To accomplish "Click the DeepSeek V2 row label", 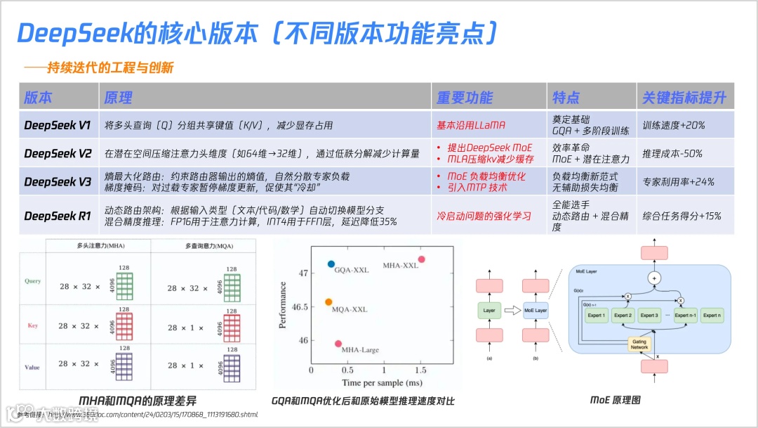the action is [58, 153].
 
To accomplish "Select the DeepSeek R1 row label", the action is [58, 216].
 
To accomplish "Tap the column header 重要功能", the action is [465, 98].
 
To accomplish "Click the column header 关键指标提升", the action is [684, 98].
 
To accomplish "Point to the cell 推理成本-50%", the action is [672, 153].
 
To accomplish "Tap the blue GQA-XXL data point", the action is [331, 264].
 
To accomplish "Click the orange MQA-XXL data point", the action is [328, 302].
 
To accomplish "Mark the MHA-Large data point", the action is [338, 344].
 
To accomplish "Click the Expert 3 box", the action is [649, 316].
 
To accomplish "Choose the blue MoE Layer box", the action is [536, 310].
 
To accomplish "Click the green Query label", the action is [32, 281].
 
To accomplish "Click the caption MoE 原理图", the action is [615, 400].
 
